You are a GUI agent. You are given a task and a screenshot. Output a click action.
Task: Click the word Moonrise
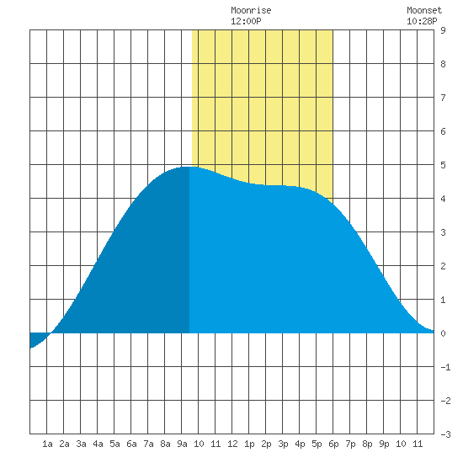tap(251, 10)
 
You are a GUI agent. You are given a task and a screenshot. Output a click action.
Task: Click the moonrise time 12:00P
tap(246, 21)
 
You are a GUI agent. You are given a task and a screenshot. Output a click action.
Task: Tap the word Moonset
tap(424, 10)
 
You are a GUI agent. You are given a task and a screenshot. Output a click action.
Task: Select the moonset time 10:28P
tap(422, 21)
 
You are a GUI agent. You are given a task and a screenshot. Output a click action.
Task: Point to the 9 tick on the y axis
tap(443, 30)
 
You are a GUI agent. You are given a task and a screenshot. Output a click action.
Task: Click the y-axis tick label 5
tap(443, 165)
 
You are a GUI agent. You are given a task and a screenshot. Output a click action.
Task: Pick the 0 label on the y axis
tap(443, 333)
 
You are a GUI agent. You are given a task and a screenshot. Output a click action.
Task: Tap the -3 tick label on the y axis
tap(445, 434)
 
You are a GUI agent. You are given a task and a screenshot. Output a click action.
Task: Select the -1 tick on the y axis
tap(445, 367)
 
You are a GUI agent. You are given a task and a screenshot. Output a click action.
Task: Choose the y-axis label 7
tap(443, 98)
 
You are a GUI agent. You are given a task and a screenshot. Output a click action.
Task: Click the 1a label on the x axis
tap(47, 444)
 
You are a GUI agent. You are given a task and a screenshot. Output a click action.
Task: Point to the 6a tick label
tap(131, 444)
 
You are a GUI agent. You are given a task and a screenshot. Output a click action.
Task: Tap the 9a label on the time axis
tap(182, 444)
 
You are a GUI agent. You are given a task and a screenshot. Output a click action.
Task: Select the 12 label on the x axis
tap(232, 444)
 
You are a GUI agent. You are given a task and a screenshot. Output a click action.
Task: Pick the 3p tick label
tap(283, 444)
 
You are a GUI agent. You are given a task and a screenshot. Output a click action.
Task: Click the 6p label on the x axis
tap(333, 444)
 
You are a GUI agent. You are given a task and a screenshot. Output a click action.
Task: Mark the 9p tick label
tap(384, 444)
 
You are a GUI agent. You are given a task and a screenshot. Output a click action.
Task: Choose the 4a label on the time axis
tap(98, 444)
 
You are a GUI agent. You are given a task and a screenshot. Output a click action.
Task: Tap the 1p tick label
tap(249, 444)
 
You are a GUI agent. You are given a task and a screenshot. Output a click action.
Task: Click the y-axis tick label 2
tap(443, 266)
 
